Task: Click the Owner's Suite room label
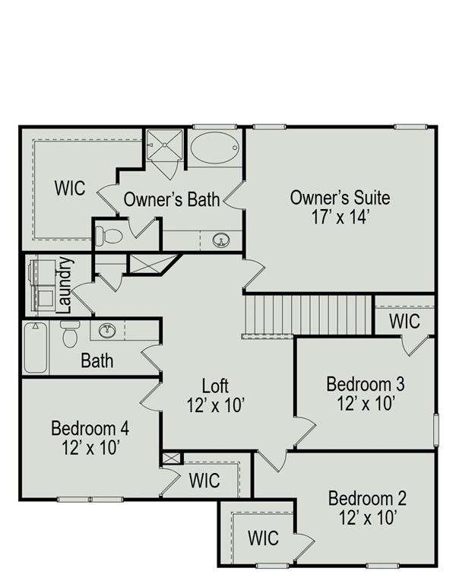point(340,198)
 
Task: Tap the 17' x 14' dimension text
point(340,217)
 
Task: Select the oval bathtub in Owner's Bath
point(214,148)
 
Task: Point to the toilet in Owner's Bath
point(109,236)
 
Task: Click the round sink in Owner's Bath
point(221,240)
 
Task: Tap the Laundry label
point(65,285)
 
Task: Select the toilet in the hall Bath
point(70,334)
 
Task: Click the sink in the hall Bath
point(107,330)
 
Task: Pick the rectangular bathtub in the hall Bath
point(36,348)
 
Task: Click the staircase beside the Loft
point(309,315)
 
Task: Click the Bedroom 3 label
point(365,384)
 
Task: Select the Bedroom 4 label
point(90,428)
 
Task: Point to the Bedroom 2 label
point(367,498)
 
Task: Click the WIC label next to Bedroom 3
point(404,321)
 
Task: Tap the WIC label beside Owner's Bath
point(70,188)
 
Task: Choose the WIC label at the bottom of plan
point(263,538)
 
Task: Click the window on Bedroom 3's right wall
point(436,430)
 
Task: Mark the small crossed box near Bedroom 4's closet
point(171,458)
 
